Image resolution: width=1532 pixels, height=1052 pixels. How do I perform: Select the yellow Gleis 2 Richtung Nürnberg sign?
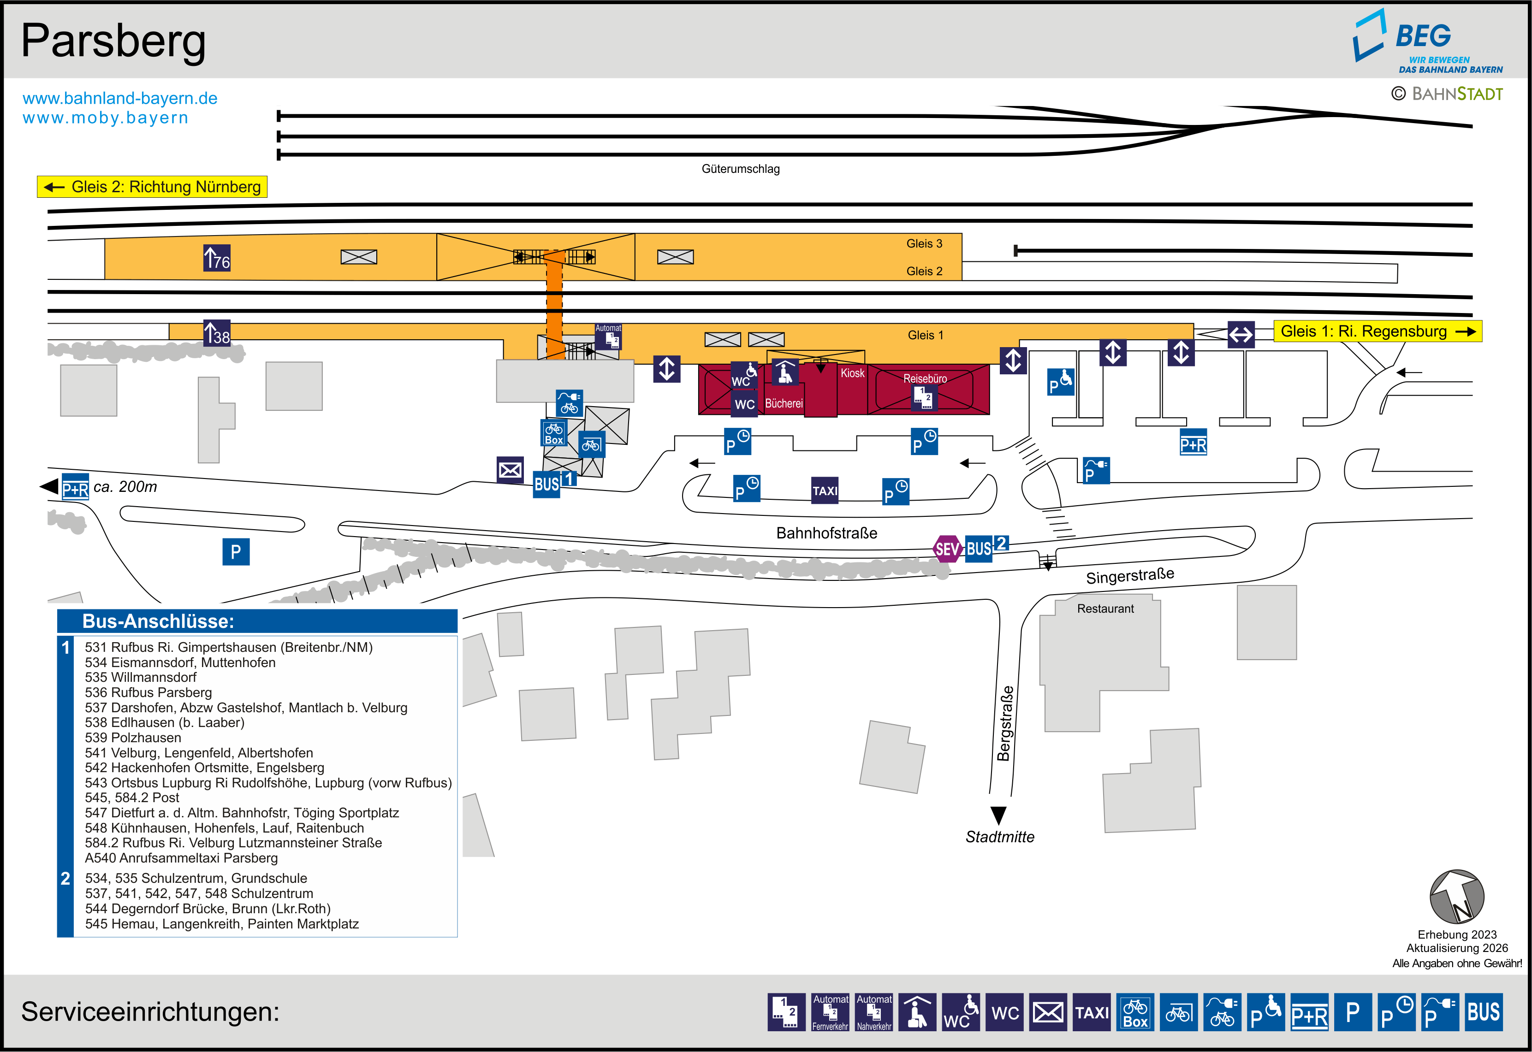152,187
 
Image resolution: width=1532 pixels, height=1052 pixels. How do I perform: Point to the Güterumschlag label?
740,169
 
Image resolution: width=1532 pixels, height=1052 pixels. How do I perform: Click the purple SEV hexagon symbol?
947,549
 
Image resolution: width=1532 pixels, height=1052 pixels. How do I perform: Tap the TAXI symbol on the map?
825,491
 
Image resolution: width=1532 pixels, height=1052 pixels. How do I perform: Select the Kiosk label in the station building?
852,373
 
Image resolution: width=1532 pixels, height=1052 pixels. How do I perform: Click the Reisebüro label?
925,378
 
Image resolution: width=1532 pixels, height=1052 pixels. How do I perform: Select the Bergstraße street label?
1004,723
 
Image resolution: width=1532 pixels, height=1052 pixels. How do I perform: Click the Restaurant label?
1105,609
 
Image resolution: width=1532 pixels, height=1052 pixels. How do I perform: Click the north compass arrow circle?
1456,897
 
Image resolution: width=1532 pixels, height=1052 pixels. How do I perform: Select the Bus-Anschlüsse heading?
158,621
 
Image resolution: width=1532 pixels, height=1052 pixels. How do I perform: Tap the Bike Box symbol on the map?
554,433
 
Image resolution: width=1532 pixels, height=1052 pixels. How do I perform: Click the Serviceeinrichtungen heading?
150,1011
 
